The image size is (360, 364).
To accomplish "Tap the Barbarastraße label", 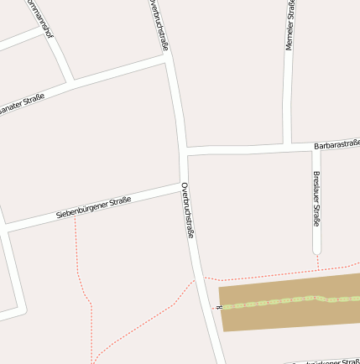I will click(x=337, y=143).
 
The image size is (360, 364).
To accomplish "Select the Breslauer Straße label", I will click(x=316, y=200).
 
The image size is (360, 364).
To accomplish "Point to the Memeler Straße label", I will click(x=290, y=27).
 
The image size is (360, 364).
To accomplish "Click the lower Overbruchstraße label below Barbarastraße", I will click(x=188, y=210).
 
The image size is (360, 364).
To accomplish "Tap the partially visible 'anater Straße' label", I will click(x=23, y=103).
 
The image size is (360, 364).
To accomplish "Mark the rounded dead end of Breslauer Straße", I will click(x=317, y=249).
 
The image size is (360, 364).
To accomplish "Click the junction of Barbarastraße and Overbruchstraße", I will click(x=184, y=153).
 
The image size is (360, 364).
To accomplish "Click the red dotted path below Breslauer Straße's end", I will click(x=318, y=263).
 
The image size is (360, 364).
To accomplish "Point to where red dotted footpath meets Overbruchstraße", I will click(x=197, y=280).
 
